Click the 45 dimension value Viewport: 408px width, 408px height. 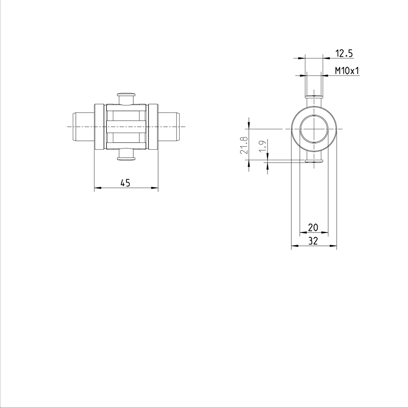point(125,183)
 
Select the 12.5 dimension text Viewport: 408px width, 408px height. point(344,53)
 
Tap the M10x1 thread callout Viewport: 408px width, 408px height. point(347,71)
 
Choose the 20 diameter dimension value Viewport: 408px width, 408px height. point(313,227)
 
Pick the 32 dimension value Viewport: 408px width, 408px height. point(313,241)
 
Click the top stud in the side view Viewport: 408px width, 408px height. point(126,98)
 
